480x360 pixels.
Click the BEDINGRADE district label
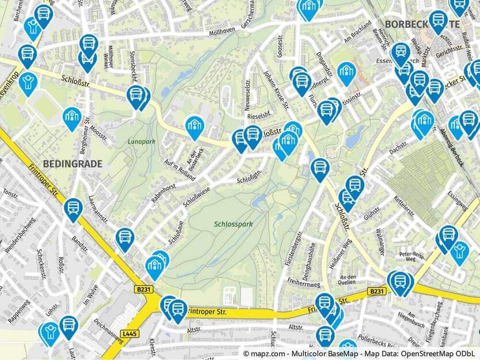tap(72, 164)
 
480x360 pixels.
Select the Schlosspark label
tap(233, 224)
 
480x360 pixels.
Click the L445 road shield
tap(131, 333)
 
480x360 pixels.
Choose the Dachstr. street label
tap(398, 149)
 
